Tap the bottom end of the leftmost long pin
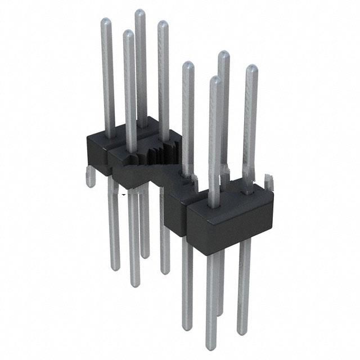114,264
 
